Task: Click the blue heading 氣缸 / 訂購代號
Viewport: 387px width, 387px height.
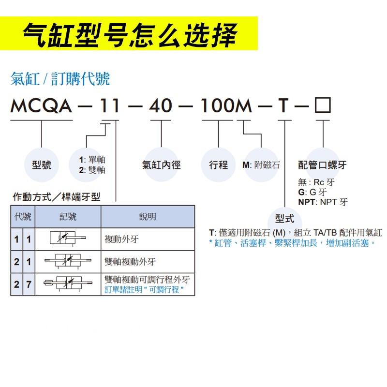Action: [60, 78]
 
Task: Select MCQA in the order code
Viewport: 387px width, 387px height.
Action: [41, 106]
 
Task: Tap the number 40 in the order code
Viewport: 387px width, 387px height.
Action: [161, 106]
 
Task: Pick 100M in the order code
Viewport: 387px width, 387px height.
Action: [226, 106]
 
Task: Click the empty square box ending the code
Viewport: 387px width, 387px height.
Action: [323, 105]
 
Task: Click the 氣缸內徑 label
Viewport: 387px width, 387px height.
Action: [161, 165]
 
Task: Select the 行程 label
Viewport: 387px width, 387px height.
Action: [218, 165]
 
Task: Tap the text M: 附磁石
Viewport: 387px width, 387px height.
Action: [261, 165]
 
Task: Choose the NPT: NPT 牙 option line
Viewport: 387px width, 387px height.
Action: [323, 202]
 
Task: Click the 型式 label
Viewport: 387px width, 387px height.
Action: [284, 218]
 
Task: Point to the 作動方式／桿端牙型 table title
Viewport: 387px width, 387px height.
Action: [56, 197]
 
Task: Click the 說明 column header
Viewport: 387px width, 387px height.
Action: [148, 217]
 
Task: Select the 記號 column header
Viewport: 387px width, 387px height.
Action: [68, 217]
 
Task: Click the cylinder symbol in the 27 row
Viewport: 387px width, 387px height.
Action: [67, 284]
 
